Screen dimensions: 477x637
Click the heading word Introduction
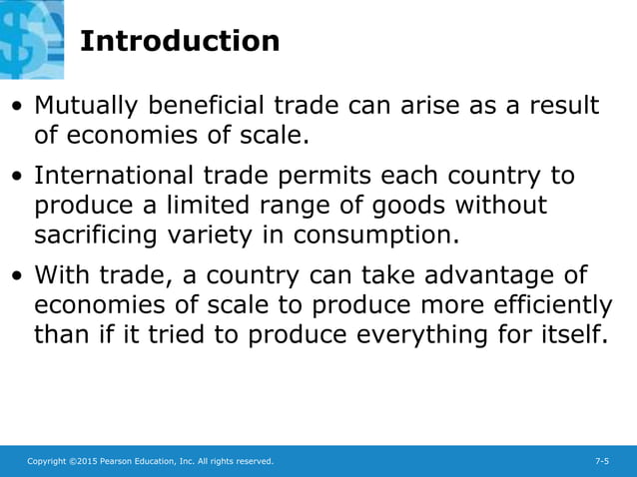179,42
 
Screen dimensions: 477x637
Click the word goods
411,206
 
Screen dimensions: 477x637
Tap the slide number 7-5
602,461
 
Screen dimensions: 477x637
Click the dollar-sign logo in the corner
30,38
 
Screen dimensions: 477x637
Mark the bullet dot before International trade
19,178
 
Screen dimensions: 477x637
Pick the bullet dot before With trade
19,276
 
